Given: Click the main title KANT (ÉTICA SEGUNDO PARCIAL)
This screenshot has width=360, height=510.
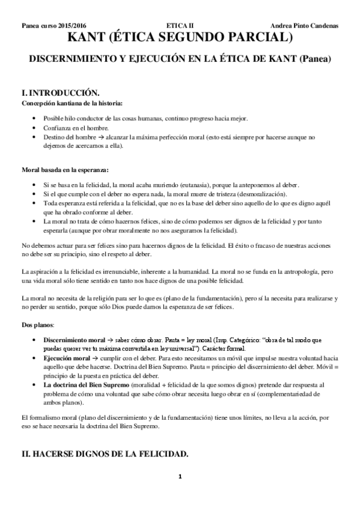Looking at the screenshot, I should tap(180, 39).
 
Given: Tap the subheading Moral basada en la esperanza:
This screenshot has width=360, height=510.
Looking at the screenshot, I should tap(65, 170).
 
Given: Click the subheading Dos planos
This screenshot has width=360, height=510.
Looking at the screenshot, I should tap(37, 325).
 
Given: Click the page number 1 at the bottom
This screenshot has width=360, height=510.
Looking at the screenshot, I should tap(180, 494).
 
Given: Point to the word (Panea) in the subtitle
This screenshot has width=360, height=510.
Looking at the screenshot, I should tap(316, 60).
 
